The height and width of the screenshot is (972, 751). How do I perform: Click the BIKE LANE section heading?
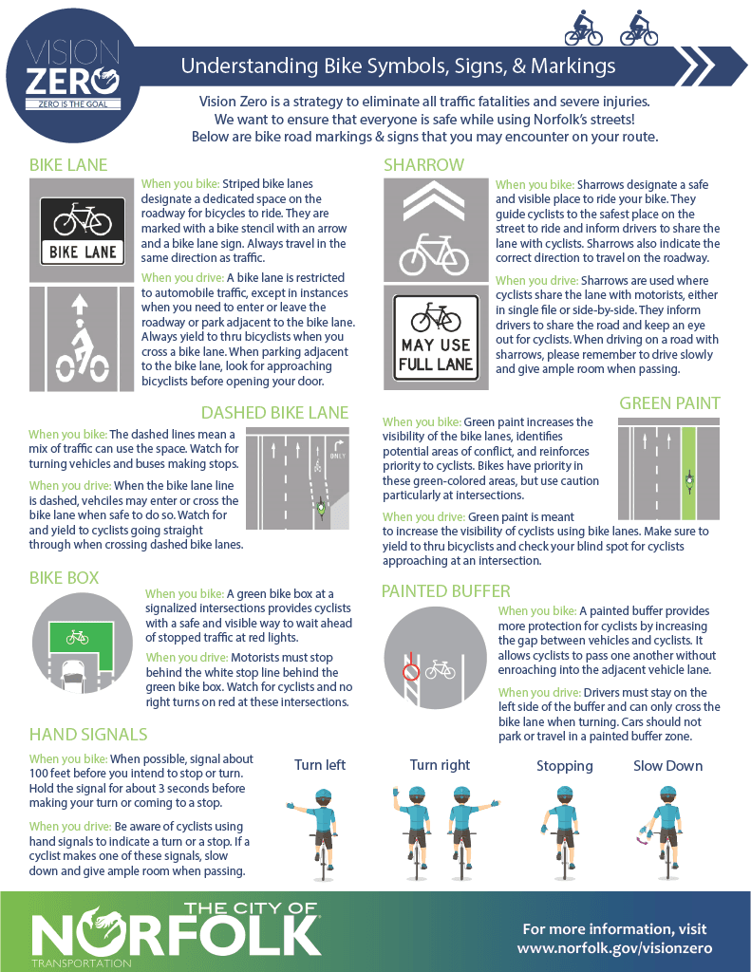(x=68, y=164)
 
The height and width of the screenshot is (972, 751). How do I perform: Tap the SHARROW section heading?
(x=423, y=164)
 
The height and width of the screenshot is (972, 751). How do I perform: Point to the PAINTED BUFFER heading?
(x=445, y=591)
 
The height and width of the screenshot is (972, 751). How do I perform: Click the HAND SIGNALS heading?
(x=88, y=734)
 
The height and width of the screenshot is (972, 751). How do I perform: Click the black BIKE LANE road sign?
(x=82, y=231)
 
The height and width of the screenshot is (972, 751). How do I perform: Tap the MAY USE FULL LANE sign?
(x=437, y=340)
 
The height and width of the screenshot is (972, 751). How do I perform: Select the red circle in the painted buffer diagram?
(x=410, y=673)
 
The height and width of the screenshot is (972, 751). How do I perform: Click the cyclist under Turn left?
(x=321, y=827)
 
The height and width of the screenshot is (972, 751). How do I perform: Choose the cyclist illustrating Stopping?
(x=565, y=827)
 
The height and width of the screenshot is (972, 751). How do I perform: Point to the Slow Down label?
(x=667, y=766)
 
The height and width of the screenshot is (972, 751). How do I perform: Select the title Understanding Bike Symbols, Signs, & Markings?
(x=398, y=66)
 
